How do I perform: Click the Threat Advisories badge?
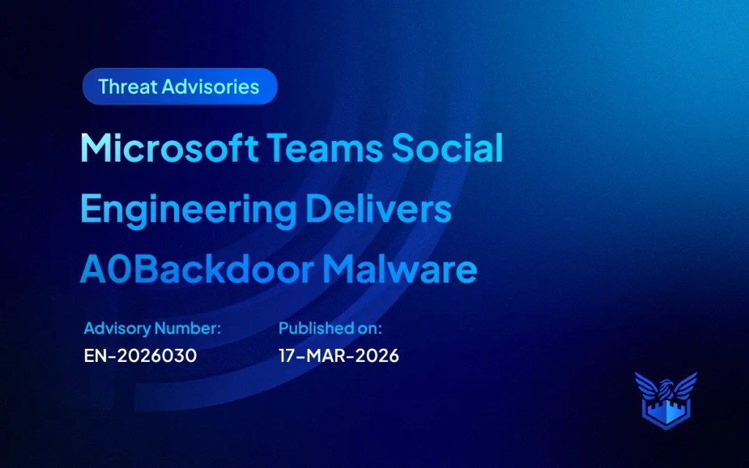coord(179,87)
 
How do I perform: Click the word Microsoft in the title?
coord(169,149)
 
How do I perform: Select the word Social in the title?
coord(448,149)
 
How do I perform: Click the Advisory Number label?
coord(152,328)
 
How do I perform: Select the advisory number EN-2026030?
coord(140,356)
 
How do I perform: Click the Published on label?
coord(331,328)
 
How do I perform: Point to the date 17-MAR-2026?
coord(339,356)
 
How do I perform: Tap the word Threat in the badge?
coord(127,87)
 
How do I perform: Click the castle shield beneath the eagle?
coord(666,412)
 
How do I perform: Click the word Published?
coord(311,328)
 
